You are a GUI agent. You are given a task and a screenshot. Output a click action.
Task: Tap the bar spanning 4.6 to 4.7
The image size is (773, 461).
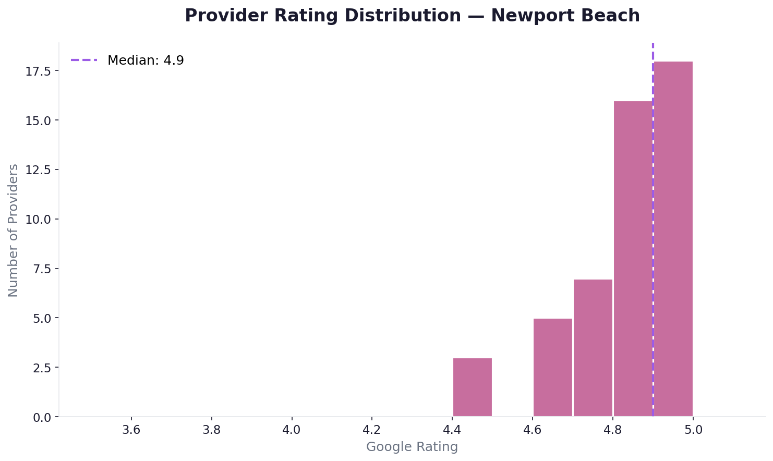pos(552,368)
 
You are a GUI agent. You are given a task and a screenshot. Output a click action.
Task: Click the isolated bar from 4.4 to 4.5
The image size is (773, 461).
pos(472,387)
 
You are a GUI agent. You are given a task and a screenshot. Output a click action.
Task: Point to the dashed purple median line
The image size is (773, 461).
pos(653,73)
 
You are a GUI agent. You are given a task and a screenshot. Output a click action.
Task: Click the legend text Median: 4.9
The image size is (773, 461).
pos(146,60)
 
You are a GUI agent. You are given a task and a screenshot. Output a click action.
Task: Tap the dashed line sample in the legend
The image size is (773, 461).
pos(84,60)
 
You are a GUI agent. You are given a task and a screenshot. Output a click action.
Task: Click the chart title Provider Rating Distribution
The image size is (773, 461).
pos(322,16)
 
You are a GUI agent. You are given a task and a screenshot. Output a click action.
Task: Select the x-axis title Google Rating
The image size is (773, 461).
pos(412,447)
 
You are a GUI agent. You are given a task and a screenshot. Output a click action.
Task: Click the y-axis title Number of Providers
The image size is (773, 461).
pos(14,230)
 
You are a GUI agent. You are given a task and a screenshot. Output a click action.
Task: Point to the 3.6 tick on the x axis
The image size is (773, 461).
pos(131,429)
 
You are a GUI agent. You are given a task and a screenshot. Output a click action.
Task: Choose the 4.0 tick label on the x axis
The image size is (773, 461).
pos(292,429)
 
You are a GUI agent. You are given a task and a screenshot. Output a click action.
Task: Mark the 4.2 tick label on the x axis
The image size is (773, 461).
pos(372,429)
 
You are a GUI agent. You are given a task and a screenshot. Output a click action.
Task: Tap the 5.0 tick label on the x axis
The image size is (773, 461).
pos(693,429)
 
